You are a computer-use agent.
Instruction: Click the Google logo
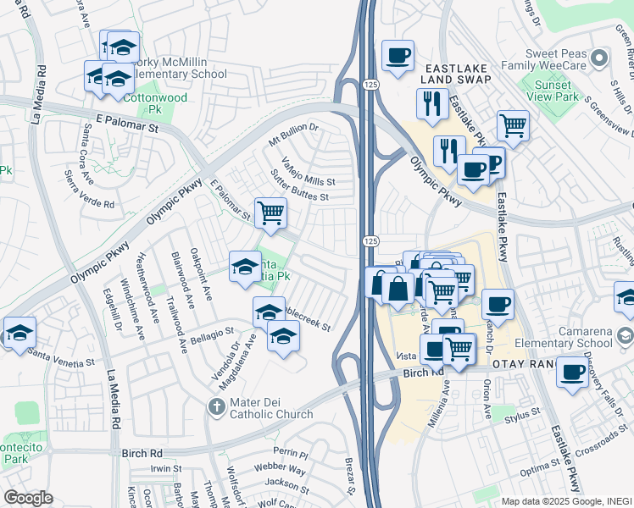click(x=29, y=498)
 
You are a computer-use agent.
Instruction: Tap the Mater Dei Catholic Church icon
click(x=217, y=406)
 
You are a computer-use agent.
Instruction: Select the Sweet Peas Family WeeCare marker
click(x=599, y=58)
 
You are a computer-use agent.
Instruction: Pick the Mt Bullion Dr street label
click(x=292, y=132)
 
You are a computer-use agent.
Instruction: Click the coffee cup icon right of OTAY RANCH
click(x=572, y=372)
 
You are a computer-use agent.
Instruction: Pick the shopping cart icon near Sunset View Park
click(x=513, y=125)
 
